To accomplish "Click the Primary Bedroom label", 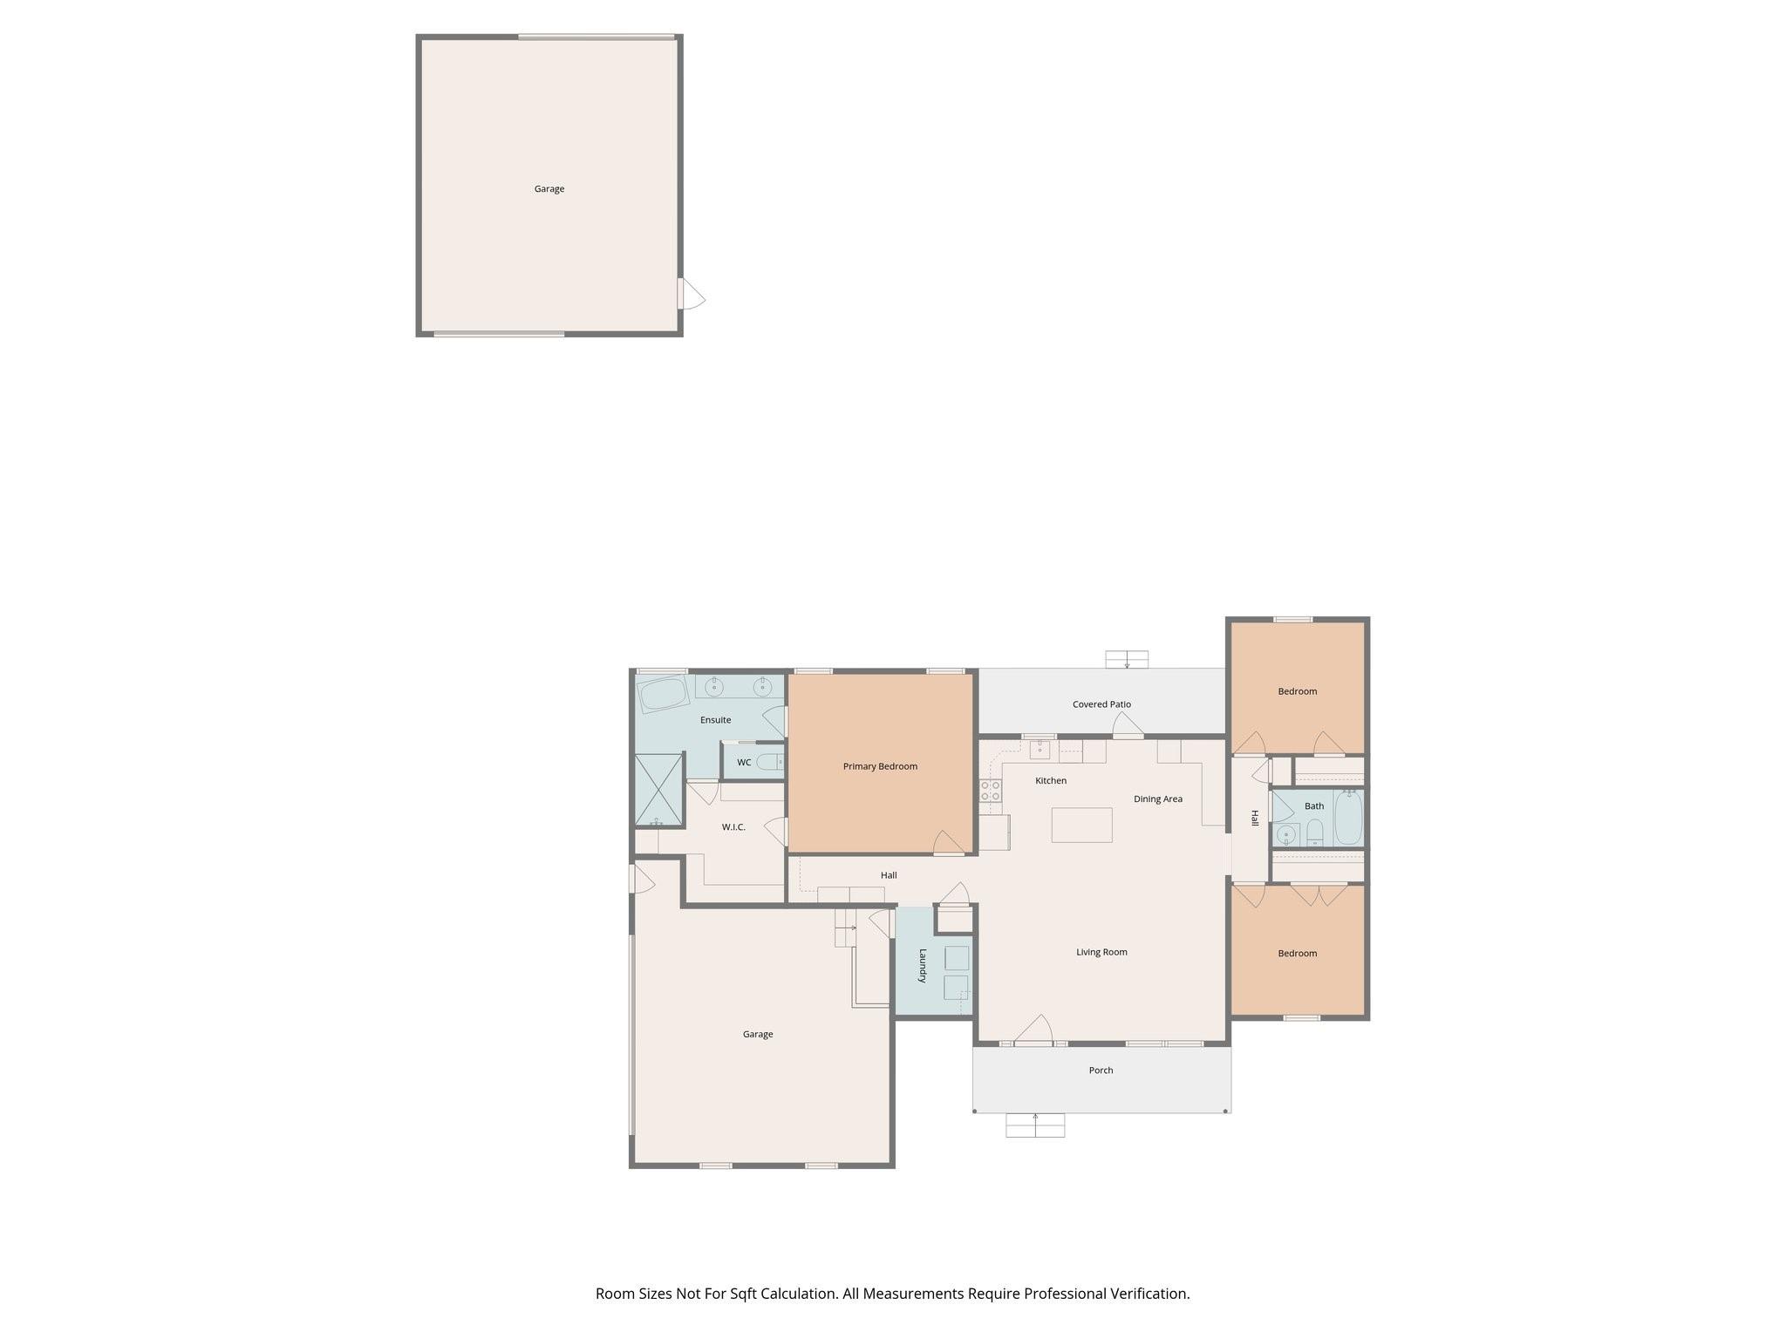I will point(880,766).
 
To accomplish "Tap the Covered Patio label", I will point(1101,704).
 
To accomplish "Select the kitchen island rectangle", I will point(1081,825).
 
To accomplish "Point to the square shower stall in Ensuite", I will point(658,790).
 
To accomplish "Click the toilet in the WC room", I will point(770,762).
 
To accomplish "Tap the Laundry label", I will point(922,966).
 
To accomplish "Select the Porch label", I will point(1101,1071).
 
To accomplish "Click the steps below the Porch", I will point(1035,1125).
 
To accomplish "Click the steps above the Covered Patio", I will point(1127,659).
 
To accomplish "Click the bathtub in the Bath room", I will point(1347,818).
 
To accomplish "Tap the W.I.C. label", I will point(733,827).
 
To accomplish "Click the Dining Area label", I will point(1157,799).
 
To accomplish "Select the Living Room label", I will point(1101,952).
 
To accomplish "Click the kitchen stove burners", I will point(990,791).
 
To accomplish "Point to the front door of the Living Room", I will point(1034,1031).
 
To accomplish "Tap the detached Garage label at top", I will point(549,189).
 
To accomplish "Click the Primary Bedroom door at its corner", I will point(949,844).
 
